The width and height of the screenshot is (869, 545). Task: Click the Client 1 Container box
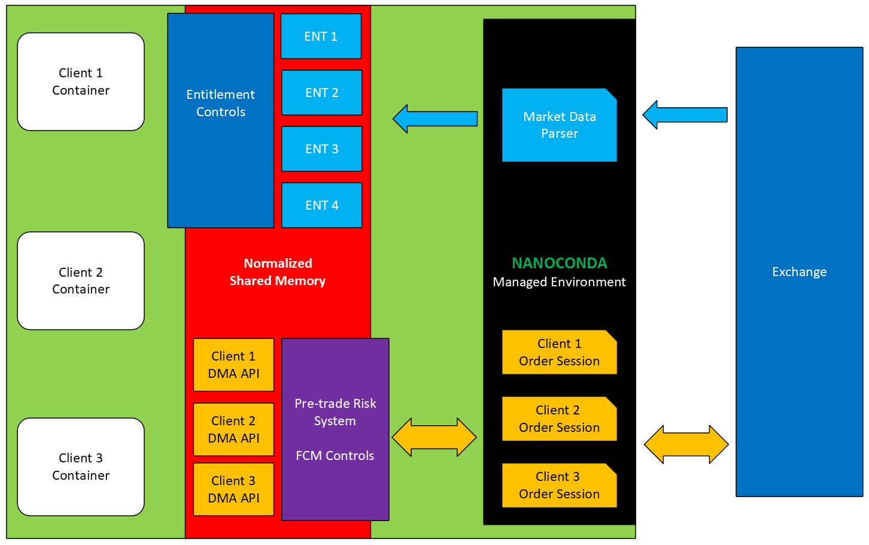pyautogui.click(x=81, y=81)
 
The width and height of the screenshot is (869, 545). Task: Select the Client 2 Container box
pyautogui.click(x=81, y=281)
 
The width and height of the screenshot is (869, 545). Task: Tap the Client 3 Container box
pyautogui.click(x=81, y=467)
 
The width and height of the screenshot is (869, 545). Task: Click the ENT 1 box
pyautogui.click(x=321, y=36)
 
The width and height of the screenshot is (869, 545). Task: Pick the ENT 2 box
pyautogui.click(x=321, y=92)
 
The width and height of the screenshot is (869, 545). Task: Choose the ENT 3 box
pyautogui.click(x=321, y=149)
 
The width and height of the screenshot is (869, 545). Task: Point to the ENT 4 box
pyautogui.click(x=321, y=205)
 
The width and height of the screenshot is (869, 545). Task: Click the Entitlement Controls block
pyautogui.click(x=220, y=120)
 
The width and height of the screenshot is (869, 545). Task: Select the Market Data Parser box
pyautogui.click(x=559, y=125)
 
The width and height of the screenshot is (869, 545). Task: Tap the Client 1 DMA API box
pyautogui.click(x=233, y=365)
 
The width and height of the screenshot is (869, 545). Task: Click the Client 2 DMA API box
pyautogui.click(x=233, y=429)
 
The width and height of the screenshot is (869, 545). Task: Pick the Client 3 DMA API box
pyautogui.click(x=233, y=489)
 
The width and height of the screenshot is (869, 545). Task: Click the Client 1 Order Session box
pyautogui.click(x=559, y=352)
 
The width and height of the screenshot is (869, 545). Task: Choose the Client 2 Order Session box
pyautogui.click(x=559, y=419)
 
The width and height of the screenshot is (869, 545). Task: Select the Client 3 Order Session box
pyautogui.click(x=559, y=485)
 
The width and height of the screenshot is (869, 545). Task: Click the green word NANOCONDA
pyautogui.click(x=559, y=263)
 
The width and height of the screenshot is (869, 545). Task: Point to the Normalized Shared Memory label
pyautogui.click(x=278, y=272)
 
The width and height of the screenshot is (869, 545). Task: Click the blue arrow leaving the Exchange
pyautogui.click(x=685, y=115)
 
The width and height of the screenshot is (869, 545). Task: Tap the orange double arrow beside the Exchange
pyautogui.click(x=686, y=444)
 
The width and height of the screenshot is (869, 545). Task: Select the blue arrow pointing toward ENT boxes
pyautogui.click(x=435, y=119)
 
